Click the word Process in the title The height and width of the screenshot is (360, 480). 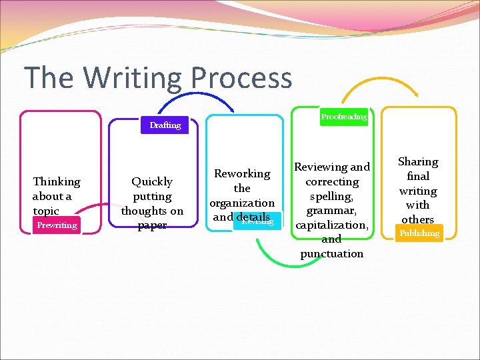(x=241, y=78)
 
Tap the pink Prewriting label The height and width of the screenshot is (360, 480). (x=57, y=225)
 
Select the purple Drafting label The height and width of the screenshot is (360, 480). (x=165, y=125)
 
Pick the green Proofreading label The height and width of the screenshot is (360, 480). (x=344, y=117)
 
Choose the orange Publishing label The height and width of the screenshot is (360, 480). (x=419, y=233)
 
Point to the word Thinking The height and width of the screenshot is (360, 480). (x=56, y=181)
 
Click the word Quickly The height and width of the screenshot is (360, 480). (x=152, y=181)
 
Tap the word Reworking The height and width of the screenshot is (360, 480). (x=242, y=173)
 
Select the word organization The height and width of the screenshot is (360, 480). (x=242, y=203)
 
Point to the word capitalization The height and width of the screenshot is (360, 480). (x=331, y=225)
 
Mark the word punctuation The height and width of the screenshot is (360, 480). (x=332, y=253)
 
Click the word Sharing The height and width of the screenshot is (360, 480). (x=418, y=161)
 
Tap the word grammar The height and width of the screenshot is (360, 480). (x=332, y=210)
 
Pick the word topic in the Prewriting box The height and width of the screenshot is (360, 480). (x=46, y=211)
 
